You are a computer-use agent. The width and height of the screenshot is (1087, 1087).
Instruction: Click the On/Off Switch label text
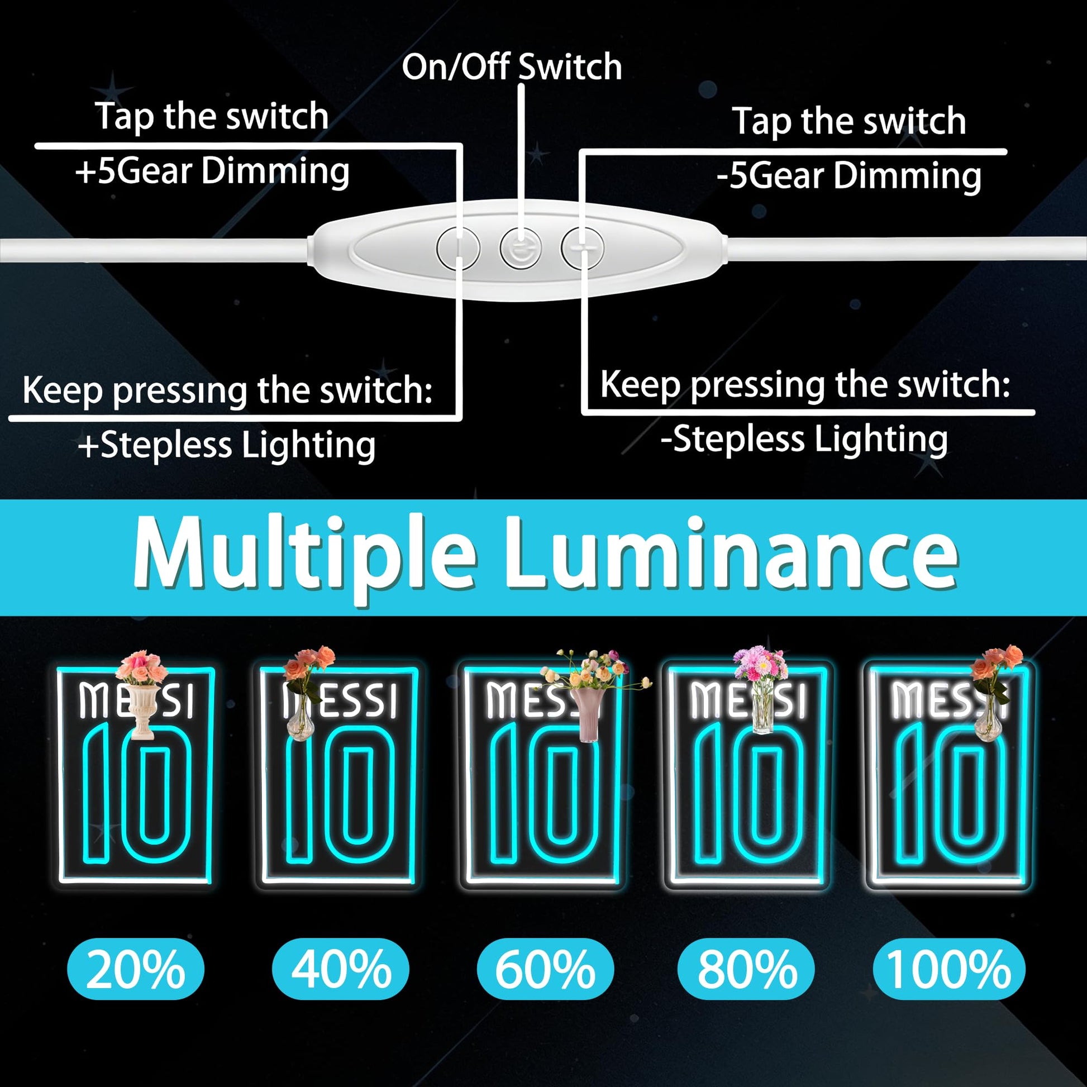pyautogui.click(x=512, y=67)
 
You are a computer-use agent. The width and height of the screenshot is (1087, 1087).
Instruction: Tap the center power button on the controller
pyautogui.click(x=521, y=247)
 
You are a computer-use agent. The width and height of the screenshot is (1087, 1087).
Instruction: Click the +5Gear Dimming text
pyautogui.click(x=212, y=171)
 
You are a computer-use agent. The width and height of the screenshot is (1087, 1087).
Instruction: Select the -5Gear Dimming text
pyautogui.click(x=849, y=176)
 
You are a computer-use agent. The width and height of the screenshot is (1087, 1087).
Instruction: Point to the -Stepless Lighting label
pyautogui.click(x=804, y=440)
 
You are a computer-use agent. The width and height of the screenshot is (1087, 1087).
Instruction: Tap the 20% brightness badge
pyautogui.click(x=136, y=969)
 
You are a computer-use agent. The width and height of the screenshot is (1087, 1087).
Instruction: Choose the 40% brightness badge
pyautogui.click(x=340, y=969)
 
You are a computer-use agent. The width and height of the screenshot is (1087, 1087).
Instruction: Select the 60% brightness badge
pyautogui.click(x=545, y=969)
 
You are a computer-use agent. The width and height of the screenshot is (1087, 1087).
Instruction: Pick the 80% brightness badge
pyautogui.click(x=746, y=969)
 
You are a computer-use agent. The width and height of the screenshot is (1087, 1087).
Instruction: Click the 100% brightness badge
pyautogui.click(x=949, y=969)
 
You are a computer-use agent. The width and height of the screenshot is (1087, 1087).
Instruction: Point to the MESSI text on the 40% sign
pyautogui.click(x=340, y=701)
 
